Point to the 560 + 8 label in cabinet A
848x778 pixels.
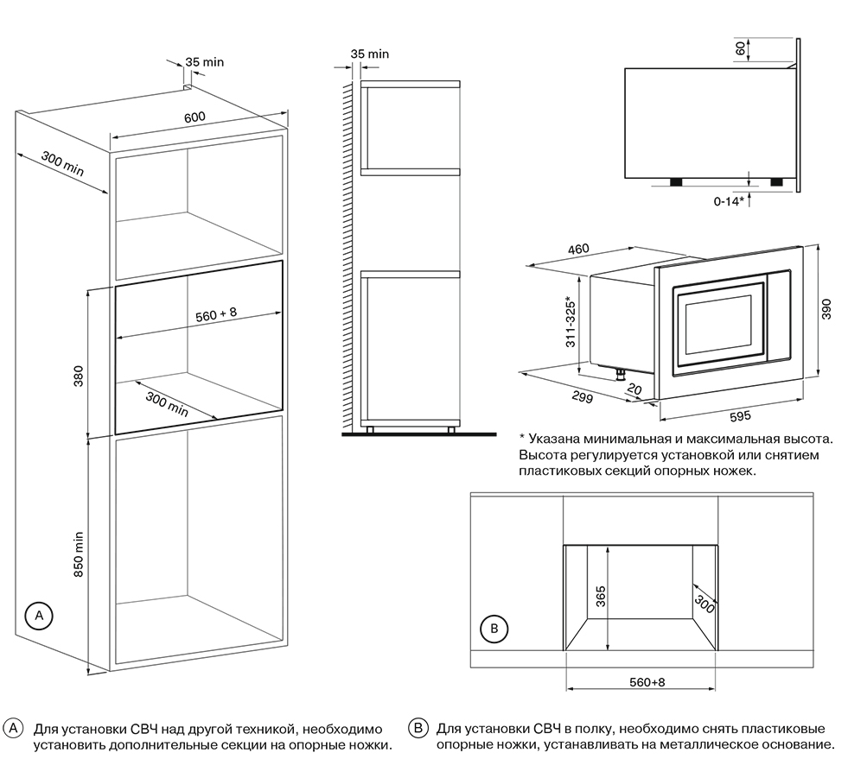click(x=215, y=316)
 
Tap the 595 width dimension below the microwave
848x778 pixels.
click(x=738, y=416)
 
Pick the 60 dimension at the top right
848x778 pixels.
click(x=740, y=47)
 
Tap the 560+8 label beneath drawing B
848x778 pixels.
click(x=647, y=682)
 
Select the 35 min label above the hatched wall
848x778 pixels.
click(x=370, y=54)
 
